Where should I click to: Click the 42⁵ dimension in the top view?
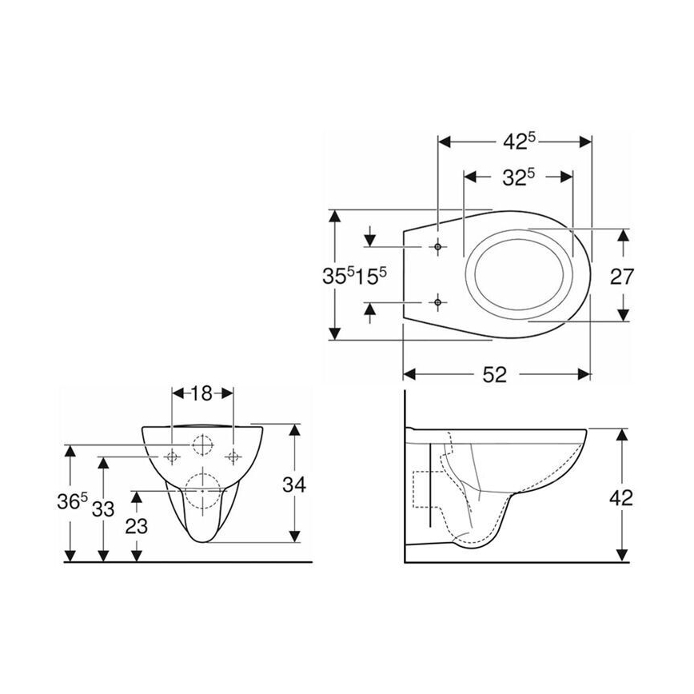pos(518,141)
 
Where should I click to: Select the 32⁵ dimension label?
pos(518,177)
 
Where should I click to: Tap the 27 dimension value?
pos(621,277)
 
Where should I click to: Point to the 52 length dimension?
pos(495,374)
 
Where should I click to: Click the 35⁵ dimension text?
pos(337,276)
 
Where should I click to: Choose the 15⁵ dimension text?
pos(371,276)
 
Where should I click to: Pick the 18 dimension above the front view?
pos(202,393)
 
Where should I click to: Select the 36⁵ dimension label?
pos(71,502)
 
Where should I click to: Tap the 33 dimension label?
pos(102,508)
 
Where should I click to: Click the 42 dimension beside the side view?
pos(620,497)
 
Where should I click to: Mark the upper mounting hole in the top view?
pos(437,247)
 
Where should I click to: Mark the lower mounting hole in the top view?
pos(437,301)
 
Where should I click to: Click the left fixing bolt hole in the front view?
pos(172,457)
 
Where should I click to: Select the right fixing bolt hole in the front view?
pos(233,457)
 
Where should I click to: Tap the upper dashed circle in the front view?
pos(202,443)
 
